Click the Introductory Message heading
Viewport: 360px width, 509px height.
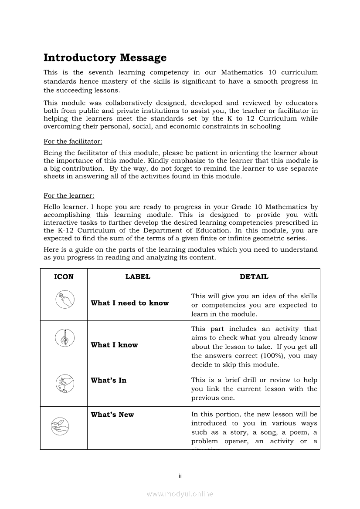point(105,58)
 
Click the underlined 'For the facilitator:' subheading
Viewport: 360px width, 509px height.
point(73,142)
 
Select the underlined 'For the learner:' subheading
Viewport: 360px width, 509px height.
point(69,196)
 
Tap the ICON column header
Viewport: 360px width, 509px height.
point(64,277)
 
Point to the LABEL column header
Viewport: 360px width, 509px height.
point(138,277)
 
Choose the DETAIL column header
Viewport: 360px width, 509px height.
point(254,277)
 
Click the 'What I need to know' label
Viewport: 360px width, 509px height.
point(129,303)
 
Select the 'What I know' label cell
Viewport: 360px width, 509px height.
point(114,345)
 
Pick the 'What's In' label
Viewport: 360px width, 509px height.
point(109,380)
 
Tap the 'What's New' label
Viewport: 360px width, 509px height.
point(112,415)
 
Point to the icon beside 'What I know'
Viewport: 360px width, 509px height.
point(64,337)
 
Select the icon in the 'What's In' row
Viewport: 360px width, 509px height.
point(64,384)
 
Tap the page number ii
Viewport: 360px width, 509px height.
point(180,476)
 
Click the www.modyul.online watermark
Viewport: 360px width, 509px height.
point(180,494)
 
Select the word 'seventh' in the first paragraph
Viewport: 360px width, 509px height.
point(101,73)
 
